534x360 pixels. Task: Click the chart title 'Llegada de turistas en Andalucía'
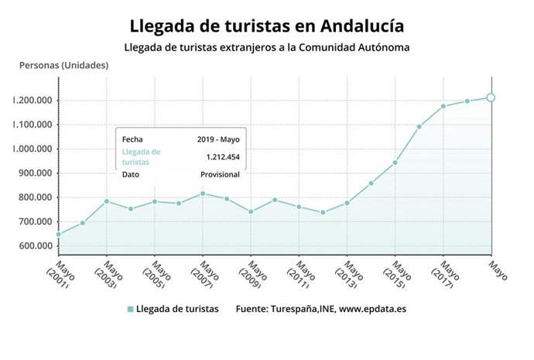[x=266, y=26]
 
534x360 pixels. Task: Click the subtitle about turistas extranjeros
[x=266, y=47]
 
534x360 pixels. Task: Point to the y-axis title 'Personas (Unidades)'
[x=63, y=64]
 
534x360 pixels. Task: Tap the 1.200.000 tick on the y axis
[x=32, y=100]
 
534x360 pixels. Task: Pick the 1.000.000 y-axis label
[x=32, y=149]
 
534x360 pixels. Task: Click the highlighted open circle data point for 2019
[x=491, y=98]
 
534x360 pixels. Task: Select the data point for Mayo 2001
[x=59, y=234]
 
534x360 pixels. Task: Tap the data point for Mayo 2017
[x=443, y=106]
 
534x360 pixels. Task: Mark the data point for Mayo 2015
[x=395, y=163]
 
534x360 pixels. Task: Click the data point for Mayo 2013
[x=347, y=203]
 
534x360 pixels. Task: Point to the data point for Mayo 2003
[x=107, y=201]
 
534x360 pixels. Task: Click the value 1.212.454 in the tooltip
[x=222, y=157]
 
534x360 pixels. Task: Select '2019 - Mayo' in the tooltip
[x=218, y=139]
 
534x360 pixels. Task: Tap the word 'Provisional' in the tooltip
[x=220, y=174]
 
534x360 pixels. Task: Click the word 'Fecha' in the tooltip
[x=132, y=139]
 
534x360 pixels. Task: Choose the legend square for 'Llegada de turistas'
[x=130, y=309]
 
